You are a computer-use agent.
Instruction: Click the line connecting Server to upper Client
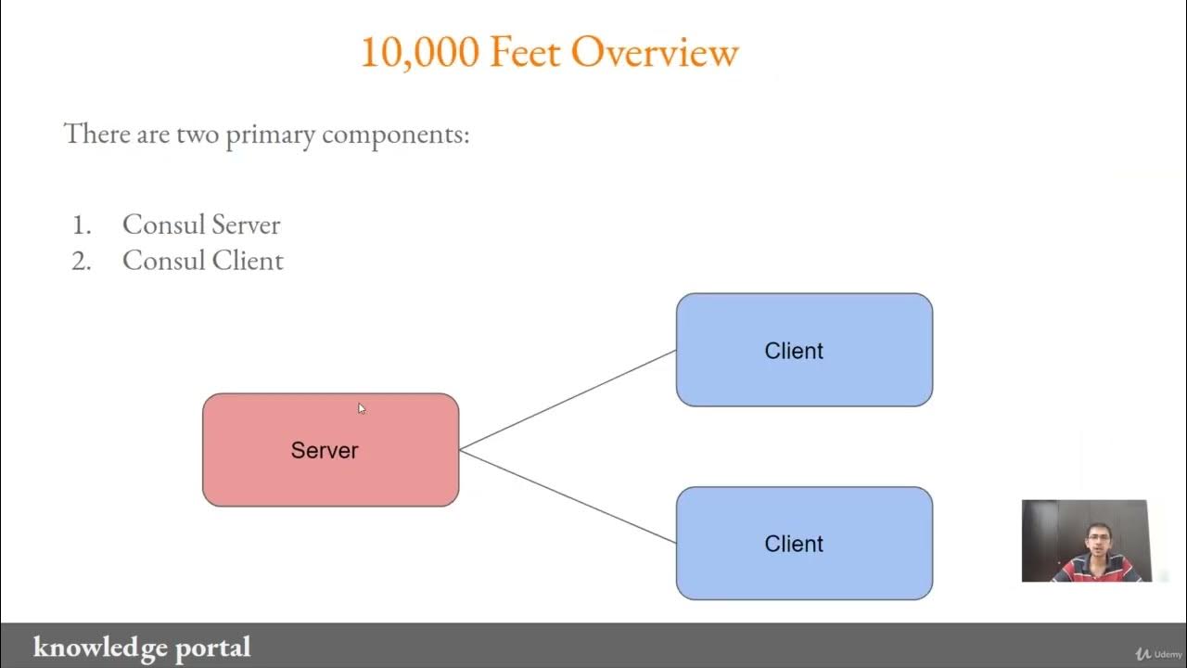pyautogui.click(x=568, y=401)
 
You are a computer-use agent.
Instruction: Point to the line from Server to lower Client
pyautogui.click(x=568, y=496)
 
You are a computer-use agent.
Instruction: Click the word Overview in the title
pyautogui.click(x=655, y=53)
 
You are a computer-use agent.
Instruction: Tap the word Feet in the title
pyautogui.click(x=525, y=53)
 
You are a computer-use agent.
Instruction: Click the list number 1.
pyautogui.click(x=82, y=225)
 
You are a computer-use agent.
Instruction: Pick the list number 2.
pyautogui.click(x=82, y=261)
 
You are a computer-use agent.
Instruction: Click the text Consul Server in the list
pyautogui.click(x=201, y=225)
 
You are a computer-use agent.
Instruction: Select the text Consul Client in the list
pyautogui.click(x=203, y=261)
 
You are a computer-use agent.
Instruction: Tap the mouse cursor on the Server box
pyautogui.click(x=362, y=408)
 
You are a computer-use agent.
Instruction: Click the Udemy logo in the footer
pyautogui.click(x=1158, y=654)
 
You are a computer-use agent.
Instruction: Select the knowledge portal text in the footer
pyautogui.click(x=142, y=647)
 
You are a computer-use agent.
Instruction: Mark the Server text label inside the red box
pyautogui.click(x=325, y=451)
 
